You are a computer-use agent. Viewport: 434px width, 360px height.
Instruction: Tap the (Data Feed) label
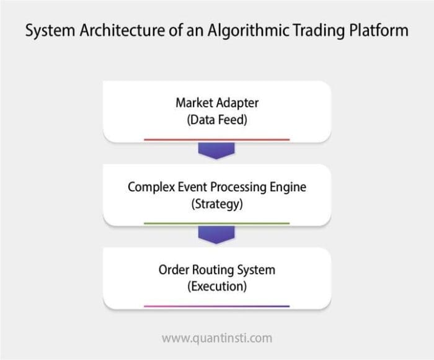tap(216, 120)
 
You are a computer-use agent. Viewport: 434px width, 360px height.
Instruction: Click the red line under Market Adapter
tap(216, 140)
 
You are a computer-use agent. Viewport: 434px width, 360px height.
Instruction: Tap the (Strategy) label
tap(216, 204)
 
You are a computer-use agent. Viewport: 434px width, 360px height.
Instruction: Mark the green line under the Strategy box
tap(216, 223)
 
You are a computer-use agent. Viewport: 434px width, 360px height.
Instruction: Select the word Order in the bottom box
tap(173, 271)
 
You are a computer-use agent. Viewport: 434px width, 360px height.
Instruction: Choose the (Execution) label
tap(216, 287)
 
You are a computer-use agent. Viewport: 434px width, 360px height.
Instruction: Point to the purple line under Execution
tap(216, 306)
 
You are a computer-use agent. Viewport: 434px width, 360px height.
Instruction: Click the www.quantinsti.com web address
tap(216, 338)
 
